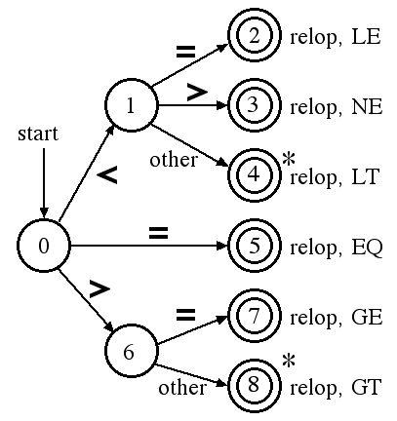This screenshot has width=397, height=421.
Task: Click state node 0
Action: (44, 246)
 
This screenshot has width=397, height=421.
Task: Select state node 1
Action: (132, 105)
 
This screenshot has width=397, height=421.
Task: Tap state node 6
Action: (132, 351)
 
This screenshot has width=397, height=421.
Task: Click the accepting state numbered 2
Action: (254, 35)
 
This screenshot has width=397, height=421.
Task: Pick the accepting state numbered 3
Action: (254, 105)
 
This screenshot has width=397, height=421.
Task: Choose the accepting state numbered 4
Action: (254, 175)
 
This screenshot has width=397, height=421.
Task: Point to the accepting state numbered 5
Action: (254, 246)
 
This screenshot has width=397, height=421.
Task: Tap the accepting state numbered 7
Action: (254, 316)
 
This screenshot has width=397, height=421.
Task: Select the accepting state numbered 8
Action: (254, 385)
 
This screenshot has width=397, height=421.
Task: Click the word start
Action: (38, 134)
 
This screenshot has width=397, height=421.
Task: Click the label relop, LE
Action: (336, 37)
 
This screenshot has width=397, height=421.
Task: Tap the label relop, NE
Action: (337, 107)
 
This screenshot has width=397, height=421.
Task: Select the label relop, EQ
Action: (337, 248)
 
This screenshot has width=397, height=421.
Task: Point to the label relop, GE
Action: (337, 318)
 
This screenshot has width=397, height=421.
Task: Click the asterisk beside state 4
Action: (289, 160)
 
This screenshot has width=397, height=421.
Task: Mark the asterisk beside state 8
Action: (289, 362)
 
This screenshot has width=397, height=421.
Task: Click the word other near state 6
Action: (182, 388)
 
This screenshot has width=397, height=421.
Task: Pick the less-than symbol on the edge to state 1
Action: (107, 174)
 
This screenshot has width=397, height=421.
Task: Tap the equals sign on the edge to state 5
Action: (159, 233)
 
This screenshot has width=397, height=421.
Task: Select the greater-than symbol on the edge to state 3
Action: (197, 93)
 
